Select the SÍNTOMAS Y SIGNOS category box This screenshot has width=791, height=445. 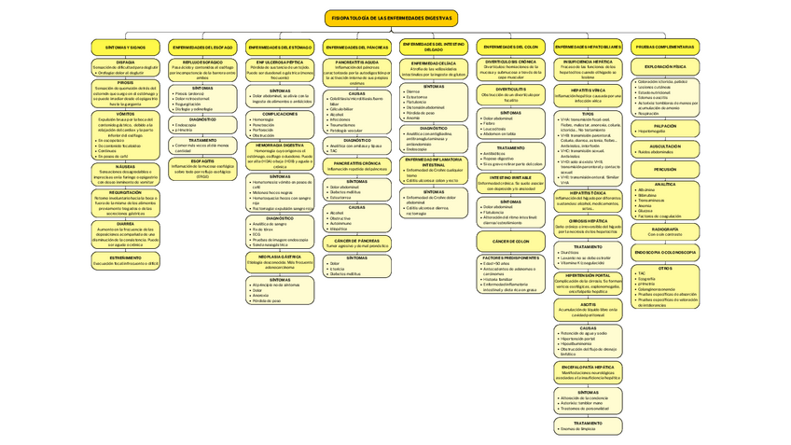(x=125, y=47)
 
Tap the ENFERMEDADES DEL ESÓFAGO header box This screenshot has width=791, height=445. (x=202, y=47)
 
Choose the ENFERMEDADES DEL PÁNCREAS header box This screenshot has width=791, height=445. (x=357, y=47)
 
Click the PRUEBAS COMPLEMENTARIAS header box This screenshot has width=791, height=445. (x=666, y=47)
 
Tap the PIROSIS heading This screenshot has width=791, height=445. (x=125, y=82)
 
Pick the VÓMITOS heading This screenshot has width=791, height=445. (x=125, y=114)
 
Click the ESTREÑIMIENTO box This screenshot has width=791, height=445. (x=125, y=259)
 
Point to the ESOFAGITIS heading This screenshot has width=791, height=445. (x=202, y=160)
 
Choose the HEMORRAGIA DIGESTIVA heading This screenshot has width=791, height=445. (x=280, y=146)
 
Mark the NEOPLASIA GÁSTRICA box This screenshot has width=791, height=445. (x=280, y=259)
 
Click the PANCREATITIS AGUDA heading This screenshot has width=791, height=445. (x=357, y=62)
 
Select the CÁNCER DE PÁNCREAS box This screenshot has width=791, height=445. (x=357, y=243)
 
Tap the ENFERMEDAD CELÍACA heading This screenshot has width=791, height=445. (x=434, y=63)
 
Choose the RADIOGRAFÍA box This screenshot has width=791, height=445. (x=666, y=230)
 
